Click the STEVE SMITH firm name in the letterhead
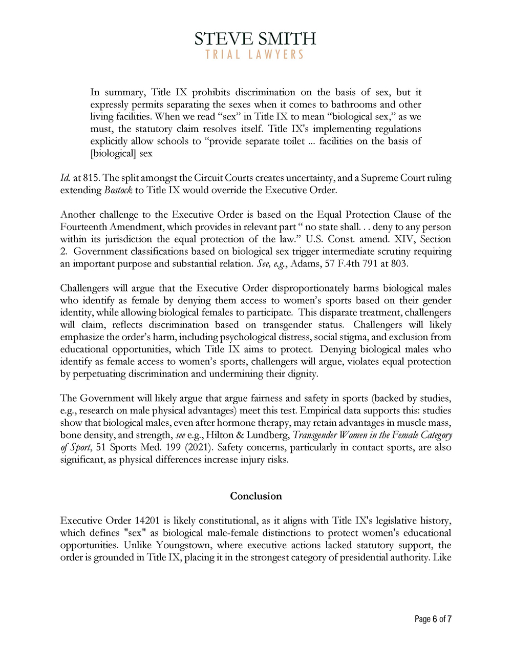click(x=255, y=38)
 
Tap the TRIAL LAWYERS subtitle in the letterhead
click(x=255, y=54)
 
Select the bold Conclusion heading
click(x=256, y=496)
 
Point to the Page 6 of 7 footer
click(x=433, y=619)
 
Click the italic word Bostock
click(x=118, y=190)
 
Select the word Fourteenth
click(x=84, y=227)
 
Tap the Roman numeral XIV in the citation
click(x=406, y=239)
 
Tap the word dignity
click(x=302, y=374)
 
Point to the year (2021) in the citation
click(x=201, y=448)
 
